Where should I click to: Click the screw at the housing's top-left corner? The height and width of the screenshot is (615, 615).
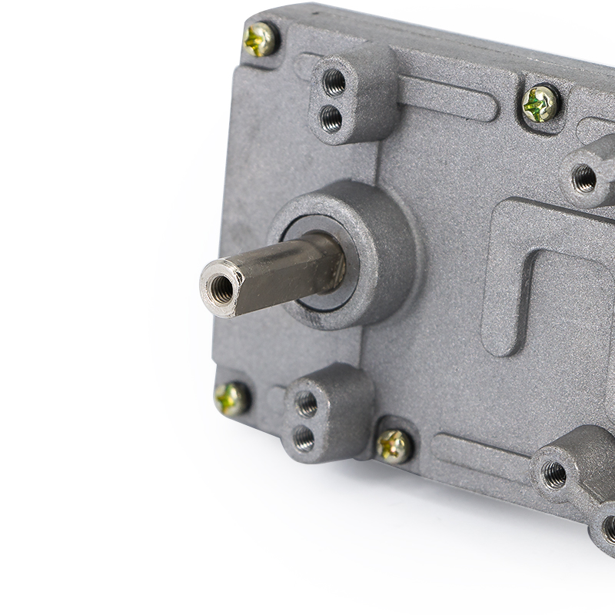(x=260, y=38)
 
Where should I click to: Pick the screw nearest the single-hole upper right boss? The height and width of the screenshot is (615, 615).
(x=540, y=103)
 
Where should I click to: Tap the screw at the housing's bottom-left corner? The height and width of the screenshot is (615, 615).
(x=231, y=398)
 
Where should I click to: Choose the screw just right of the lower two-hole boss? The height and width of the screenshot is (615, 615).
(x=394, y=446)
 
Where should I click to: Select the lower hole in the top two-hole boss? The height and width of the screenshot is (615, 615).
(x=331, y=118)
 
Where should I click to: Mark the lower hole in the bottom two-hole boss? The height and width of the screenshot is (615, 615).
(x=304, y=438)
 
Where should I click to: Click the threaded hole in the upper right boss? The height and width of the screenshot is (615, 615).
(x=584, y=178)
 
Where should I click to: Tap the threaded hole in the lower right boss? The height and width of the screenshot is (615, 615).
(x=554, y=474)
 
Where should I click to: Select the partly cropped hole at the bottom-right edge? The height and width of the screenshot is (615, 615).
(x=609, y=529)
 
